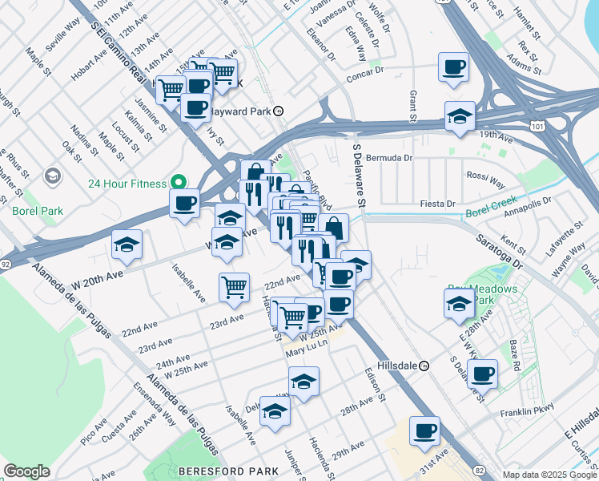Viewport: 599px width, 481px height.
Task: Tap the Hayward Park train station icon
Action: click(x=278, y=111)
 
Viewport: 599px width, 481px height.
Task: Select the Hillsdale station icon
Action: click(x=424, y=365)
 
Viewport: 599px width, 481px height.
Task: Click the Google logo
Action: click(x=26, y=471)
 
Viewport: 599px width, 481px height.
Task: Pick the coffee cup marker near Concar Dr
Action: click(x=453, y=67)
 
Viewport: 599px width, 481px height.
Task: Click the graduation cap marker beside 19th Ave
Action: click(x=460, y=116)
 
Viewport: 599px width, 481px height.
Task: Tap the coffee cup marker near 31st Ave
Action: click(x=424, y=431)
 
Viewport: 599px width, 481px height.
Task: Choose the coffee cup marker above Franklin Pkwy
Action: click(x=482, y=374)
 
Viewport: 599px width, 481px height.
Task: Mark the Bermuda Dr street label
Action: click(x=388, y=158)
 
